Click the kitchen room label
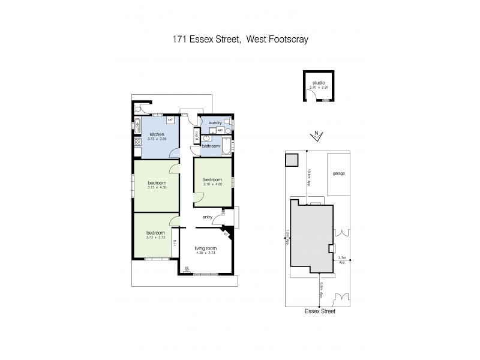click(157, 134)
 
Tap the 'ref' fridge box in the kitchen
click(170, 120)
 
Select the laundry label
click(215, 122)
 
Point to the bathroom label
click(211, 146)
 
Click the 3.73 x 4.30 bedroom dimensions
click(157, 187)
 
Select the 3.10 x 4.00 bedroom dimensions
click(212, 184)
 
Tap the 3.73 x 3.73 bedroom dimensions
click(156, 237)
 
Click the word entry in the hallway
click(208, 217)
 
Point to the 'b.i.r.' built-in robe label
click(175, 243)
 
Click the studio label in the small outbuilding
click(317, 83)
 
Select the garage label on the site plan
click(339, 173)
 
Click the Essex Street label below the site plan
click(319, 312)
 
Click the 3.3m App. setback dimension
click(342, 260)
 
